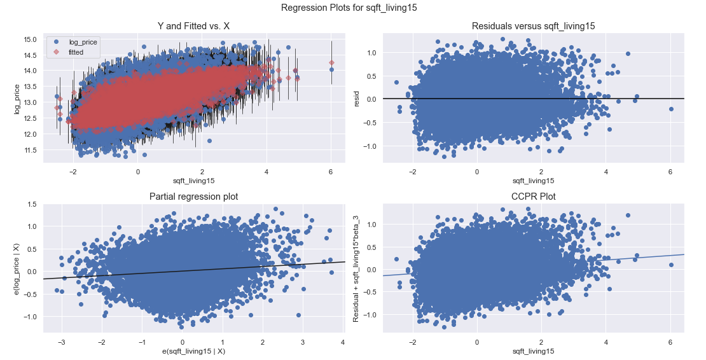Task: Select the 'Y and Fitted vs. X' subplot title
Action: click(194, 26)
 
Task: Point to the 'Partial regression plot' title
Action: click(194, 197)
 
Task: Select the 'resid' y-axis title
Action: click(357, 99)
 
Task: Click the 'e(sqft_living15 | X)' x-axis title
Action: click(194, 350)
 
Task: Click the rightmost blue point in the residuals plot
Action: click(671, 109)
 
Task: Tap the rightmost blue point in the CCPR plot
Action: click(671, 265)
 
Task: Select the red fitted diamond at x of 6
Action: click(331, 62)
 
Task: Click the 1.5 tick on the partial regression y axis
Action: click(31, 204)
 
